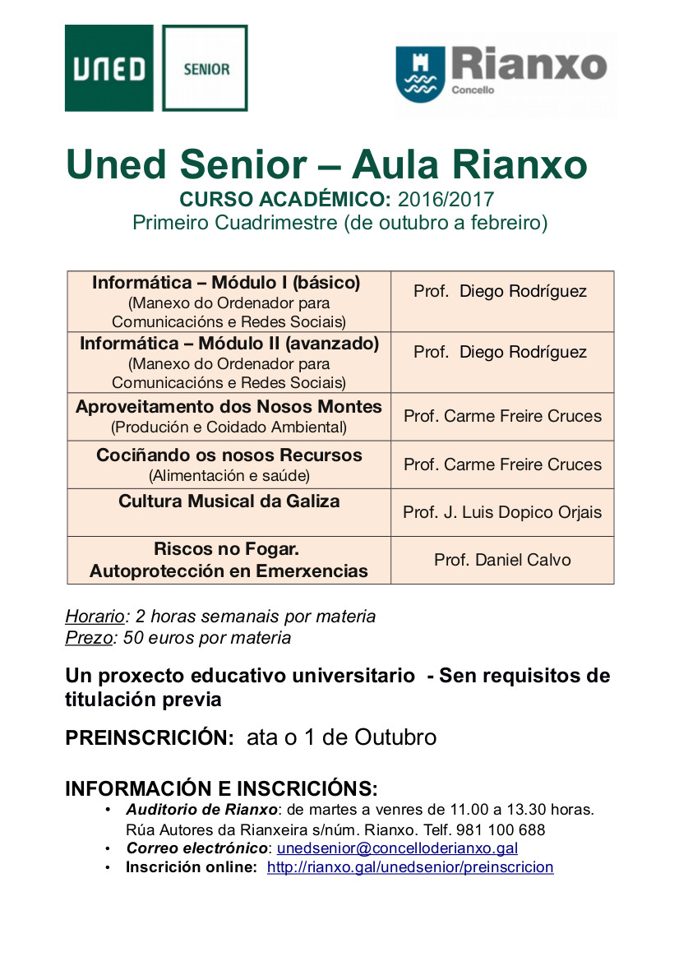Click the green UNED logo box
[x=109, y=68]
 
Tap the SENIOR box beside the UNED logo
[x=206, y=68]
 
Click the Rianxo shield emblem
[x=420, y=73]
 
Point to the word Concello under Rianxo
[x=473, y=90]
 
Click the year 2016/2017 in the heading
[x=446, y=199]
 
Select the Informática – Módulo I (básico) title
[x=226, y=283]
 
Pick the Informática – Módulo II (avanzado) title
[x=229, y=343]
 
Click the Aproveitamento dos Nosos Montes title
[x=229, y=407]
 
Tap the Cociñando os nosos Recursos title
[x=229, y=455]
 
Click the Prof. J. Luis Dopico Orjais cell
[x=502, y=512]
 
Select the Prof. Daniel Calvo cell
[x=502, y=560]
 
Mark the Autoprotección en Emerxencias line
[x=229, y=571]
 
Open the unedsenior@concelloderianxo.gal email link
[x=397, y=848]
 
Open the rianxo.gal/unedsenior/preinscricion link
[x=410, y=867]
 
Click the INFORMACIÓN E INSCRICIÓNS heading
[x=221, y=788]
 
